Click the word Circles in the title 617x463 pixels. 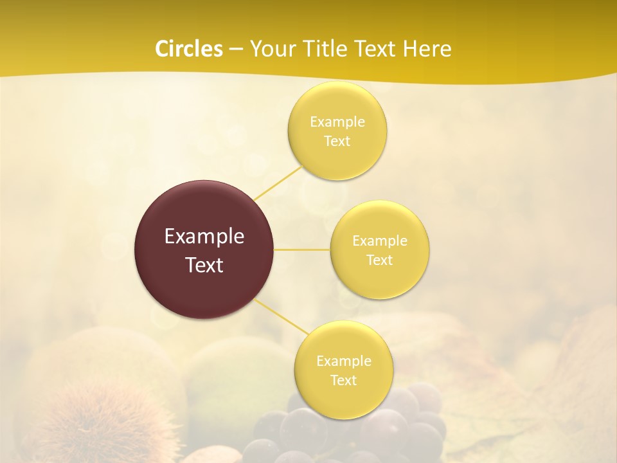189,49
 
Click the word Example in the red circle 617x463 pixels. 204,237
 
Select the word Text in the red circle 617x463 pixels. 204,265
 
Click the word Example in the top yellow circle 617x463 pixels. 337,122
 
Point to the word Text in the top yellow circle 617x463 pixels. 337,141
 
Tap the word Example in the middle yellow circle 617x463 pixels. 380,241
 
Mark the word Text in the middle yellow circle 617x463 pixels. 380,260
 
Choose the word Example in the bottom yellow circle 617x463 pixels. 344,361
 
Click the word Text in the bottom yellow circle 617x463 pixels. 344,380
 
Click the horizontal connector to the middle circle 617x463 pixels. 302,250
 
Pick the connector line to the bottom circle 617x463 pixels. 282,316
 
